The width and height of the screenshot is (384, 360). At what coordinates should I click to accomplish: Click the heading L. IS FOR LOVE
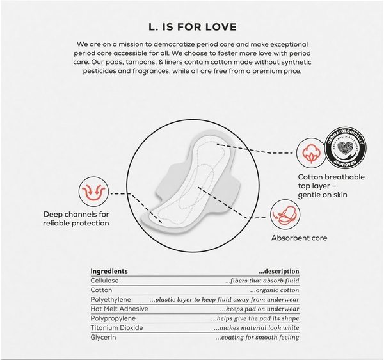tap(193, 27)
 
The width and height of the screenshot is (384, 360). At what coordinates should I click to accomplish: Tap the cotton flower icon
tap(311, 153)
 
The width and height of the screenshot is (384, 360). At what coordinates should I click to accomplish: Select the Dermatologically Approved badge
tap(346, 148)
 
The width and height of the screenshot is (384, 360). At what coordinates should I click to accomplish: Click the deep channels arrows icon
tap(93, 192)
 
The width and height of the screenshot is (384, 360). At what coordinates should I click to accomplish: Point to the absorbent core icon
tap(285, 215)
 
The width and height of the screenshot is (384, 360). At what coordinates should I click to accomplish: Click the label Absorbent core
tap(299, 238)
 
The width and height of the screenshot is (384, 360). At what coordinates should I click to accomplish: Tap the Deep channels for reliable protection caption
tap(76, 218)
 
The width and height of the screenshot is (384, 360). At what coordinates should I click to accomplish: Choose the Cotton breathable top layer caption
tap(331, 186)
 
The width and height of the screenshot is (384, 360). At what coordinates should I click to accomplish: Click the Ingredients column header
tap(109, 271)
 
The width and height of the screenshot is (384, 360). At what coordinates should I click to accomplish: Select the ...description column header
tap(278, 272)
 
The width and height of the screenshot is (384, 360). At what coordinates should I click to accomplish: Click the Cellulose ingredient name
tap(104, 281)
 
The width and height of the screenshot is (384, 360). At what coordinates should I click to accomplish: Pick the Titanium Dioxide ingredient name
tap(116, 328)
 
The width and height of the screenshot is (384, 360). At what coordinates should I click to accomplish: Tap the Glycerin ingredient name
tap(103, 337)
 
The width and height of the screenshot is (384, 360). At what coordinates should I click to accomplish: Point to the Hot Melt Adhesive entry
tap(119, 309)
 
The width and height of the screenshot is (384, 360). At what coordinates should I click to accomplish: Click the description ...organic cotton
tap(275, 290)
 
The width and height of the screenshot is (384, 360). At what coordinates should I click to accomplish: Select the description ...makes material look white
tap(257, 328)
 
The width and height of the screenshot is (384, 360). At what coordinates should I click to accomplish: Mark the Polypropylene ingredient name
tap(113, 318)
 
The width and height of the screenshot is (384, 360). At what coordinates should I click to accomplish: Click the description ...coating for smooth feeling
tap(257, 338)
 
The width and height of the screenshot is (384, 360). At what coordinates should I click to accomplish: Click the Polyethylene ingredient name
tap(111, 300)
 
